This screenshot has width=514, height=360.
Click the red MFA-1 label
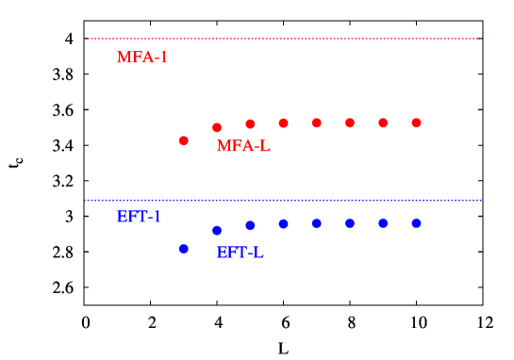coord(142,57)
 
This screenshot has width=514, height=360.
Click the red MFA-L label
coord(243,146)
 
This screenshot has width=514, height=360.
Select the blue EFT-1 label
coord(139,217)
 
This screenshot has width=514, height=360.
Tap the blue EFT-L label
coord(240,253)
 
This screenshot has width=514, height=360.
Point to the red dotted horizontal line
coord(283,39)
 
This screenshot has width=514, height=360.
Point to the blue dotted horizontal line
coord(283,200)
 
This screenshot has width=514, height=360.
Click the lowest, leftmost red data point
coord(184,140)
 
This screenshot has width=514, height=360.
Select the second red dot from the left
coord(217,127)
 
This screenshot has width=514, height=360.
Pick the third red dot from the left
coord(250,124)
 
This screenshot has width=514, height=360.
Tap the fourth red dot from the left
coord(283,123)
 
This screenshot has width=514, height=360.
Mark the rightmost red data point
coord(416,123)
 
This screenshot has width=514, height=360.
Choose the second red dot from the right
coord(383,123)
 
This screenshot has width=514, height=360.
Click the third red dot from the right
coord(350,123)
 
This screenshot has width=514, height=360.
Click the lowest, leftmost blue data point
coord(184,249)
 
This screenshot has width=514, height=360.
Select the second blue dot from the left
coord(217,230)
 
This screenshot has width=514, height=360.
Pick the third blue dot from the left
coord(250,225)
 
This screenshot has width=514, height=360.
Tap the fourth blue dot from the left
coord(283,224)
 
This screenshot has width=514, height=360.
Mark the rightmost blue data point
coord(416,223)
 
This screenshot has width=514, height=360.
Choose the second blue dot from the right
coord(383,223)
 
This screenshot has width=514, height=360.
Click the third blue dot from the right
coord(350,223)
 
